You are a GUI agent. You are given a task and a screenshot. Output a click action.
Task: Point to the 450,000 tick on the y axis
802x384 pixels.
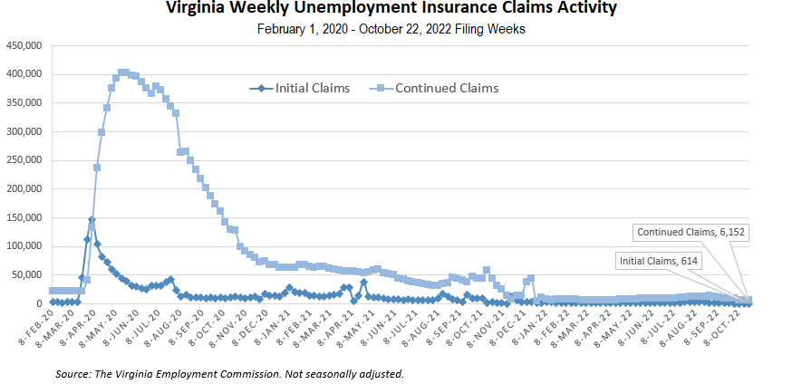click(x=24, y=45)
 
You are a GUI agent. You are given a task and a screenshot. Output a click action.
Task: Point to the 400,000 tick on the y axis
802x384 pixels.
click(x=24, y=74)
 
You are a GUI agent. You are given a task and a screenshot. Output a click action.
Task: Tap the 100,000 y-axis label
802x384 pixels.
click(x=24, y=246)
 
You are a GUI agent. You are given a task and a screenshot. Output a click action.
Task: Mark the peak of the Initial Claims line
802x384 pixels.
click(x=92, y=220)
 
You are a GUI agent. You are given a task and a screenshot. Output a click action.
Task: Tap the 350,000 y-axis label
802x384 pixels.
click(x=24, y=102)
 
